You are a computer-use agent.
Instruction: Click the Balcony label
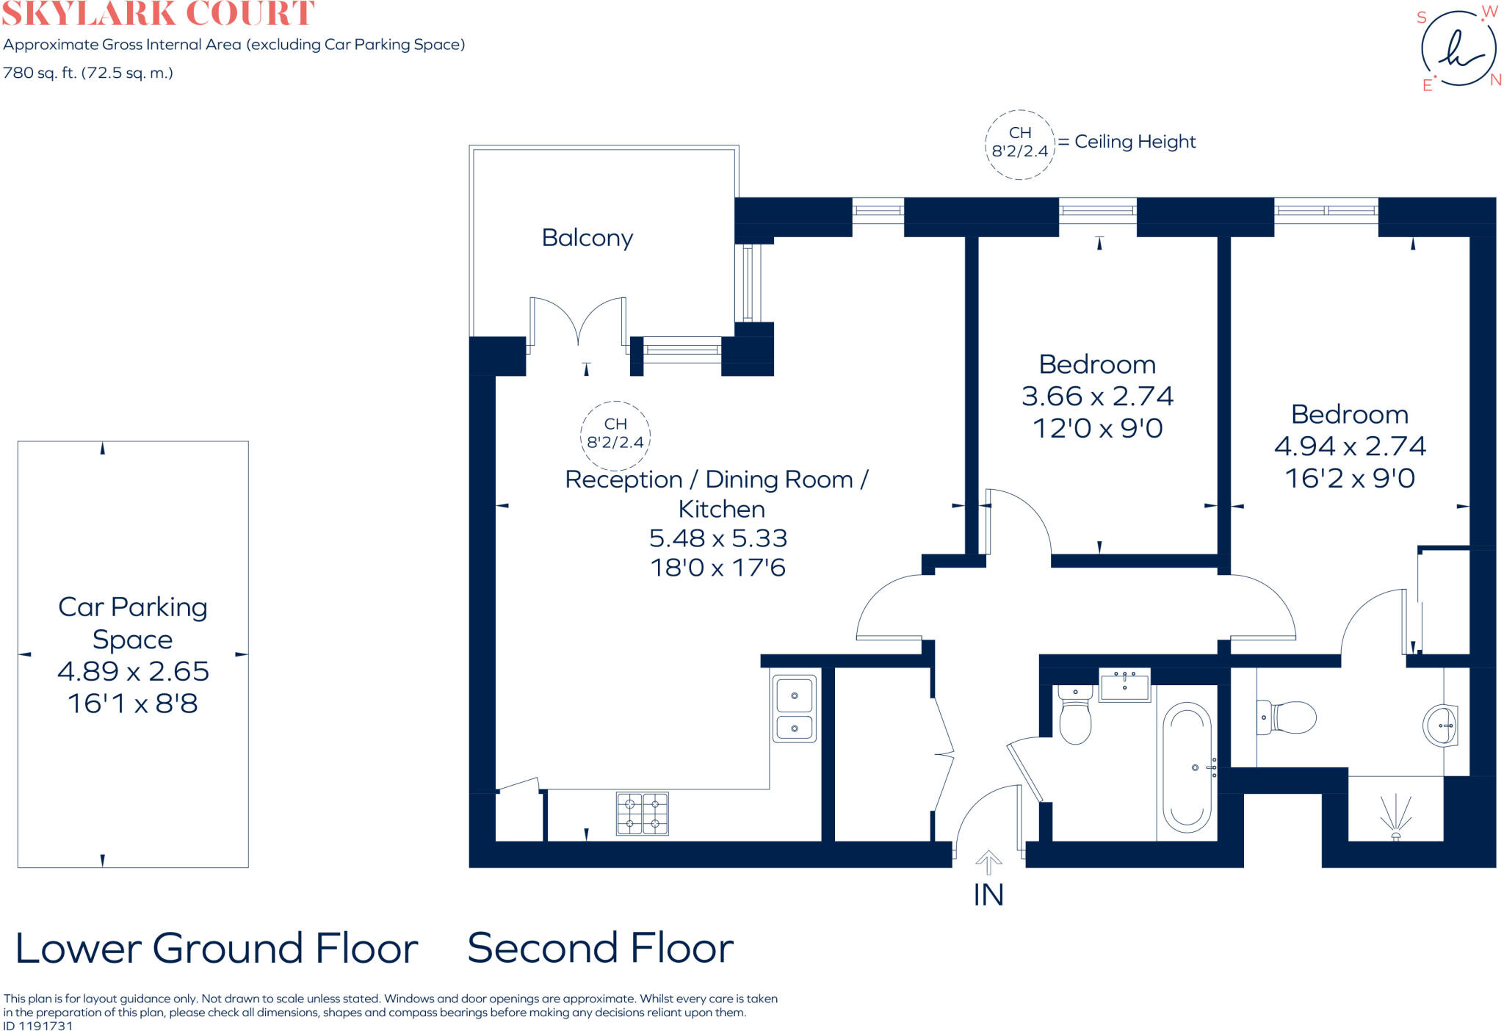click(x=587, y=238)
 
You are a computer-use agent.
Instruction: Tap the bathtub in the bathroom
click(x=1187, y=767)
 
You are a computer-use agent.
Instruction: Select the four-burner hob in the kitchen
click(x=643, y=813)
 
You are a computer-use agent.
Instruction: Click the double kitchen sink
click(x=794, y=709)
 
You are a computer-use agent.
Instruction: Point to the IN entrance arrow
click(x=988, y=862)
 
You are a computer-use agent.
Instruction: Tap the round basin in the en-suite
click(x=1440, y=725)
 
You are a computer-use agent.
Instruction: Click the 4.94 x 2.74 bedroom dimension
click(x=1350, y=446)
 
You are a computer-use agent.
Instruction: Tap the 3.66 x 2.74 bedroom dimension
click(x=1097, y=397)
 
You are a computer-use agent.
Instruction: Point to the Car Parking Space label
click(x=133, y=623)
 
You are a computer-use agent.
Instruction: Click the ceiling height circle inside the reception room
click(x=615, y=435)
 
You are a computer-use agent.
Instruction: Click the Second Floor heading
click(x=600, y=948)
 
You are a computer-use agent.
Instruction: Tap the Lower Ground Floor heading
click(x=217, y=948)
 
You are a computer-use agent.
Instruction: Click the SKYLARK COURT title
click(x=158, y=13)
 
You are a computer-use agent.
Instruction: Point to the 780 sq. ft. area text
click(x=88, y=73)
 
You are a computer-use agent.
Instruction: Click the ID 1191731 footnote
click(x=38, y=1026)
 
